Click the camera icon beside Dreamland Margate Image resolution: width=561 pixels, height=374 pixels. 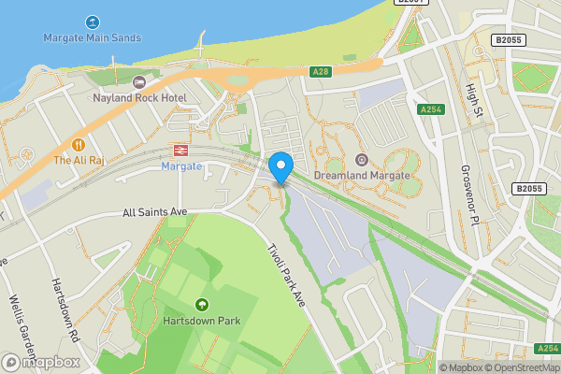pyautogui.click(x=361, y=160)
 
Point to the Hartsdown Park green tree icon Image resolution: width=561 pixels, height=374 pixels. pyautogui.click(x=201, y=305)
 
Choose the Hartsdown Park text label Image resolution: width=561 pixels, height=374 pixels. pyautogui.click(x=201, y=321)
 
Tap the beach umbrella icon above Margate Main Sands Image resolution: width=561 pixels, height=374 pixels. pyautogui.click(x=92, y=22)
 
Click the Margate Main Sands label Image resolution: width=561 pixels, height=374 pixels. pyautogui.click(x=92, y=38)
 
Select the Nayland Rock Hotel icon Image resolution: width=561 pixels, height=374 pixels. pyautogui.click(x=139, y=82)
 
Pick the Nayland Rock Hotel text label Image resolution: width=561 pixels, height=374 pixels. pyautogui.click(x=139, y=97)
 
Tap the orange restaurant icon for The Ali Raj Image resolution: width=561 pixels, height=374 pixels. pyautogui.click(x=79, y=145)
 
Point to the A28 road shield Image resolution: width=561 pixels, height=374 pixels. pyautogui.click(x=320, y=71)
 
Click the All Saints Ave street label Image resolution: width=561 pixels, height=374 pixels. pyautogui.click(x=155, y=212)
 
